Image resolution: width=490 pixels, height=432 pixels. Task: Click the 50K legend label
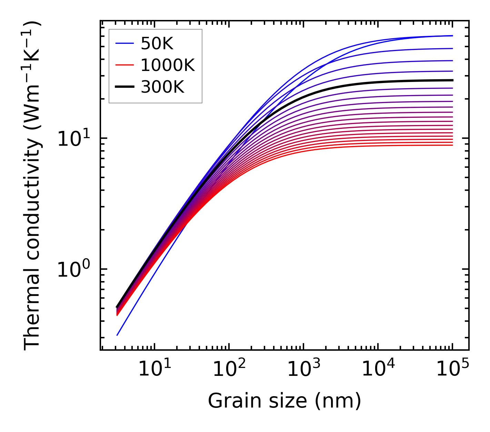tap(157, 43)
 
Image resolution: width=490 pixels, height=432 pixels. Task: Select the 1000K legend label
tap(168, 65)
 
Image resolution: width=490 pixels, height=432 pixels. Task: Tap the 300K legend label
tap(162, 87)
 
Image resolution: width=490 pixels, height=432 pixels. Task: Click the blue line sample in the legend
tap(124, 43)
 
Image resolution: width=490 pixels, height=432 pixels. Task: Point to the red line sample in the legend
tap(124, 65)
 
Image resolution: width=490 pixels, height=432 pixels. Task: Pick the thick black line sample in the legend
tap(124, 87)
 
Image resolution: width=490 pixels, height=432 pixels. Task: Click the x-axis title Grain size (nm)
tap(284, 401)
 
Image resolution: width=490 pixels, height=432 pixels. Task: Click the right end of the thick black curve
tap(452, 80)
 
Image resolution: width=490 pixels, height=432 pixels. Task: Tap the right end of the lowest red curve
tap(452, 145)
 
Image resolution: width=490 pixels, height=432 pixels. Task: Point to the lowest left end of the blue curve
tap(117, 335)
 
